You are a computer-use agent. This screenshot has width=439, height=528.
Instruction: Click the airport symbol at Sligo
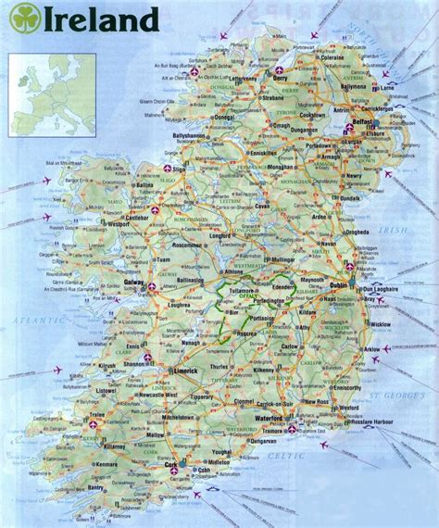[x=169, y=170]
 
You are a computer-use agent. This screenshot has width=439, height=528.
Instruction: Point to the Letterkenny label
[x=236, y=79]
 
